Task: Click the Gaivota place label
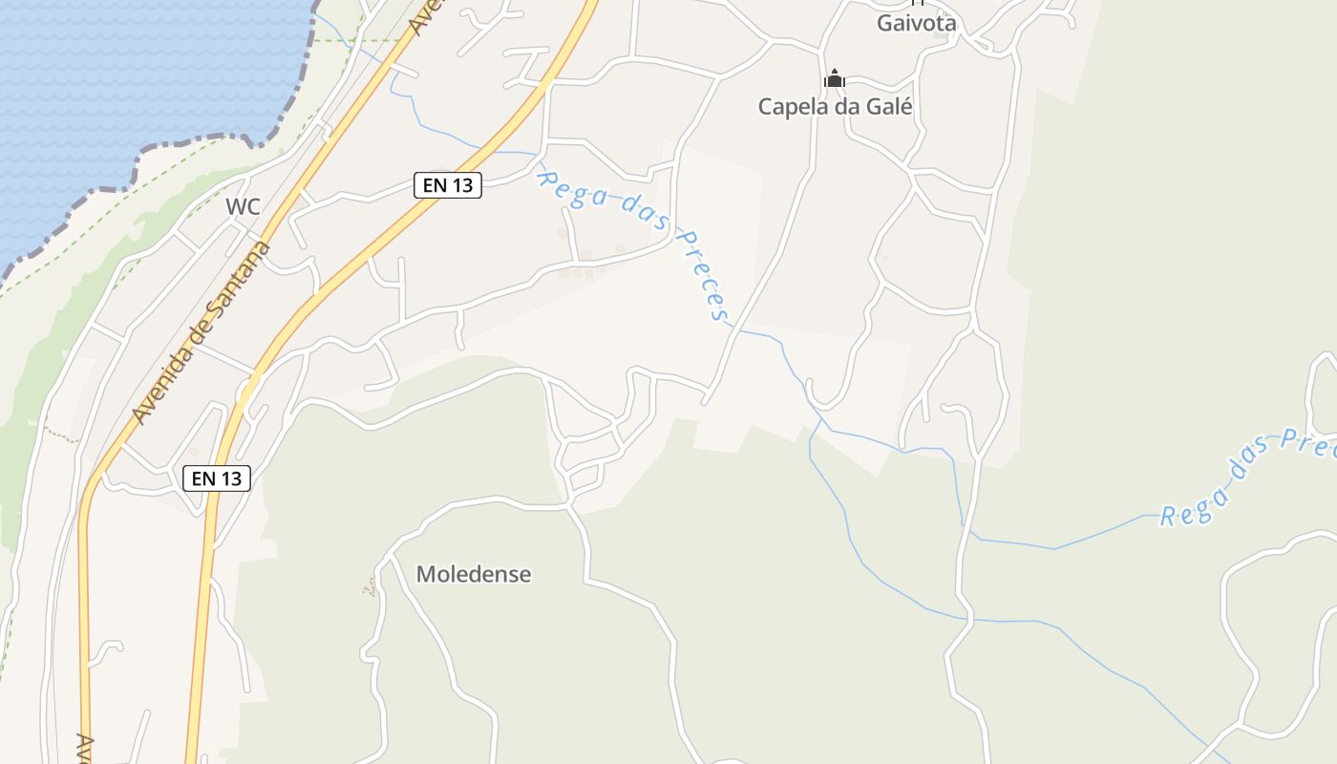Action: click(917, 23)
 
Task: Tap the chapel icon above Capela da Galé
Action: click(835, 79)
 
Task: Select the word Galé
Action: click(889, 107)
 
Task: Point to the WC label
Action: click(243, 207)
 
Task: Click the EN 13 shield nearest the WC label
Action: click(447, 185)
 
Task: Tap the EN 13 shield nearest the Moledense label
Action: click(217, 478)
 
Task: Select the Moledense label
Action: click(474, 575)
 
